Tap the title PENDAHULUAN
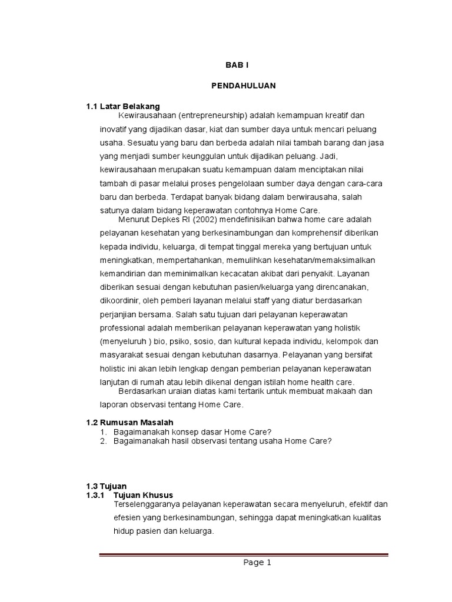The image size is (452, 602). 244,86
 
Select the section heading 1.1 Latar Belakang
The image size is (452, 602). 123,106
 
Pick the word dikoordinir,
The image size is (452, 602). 120,301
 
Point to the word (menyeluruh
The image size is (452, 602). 122,342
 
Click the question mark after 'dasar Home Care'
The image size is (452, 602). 269,432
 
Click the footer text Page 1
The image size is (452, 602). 257,563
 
